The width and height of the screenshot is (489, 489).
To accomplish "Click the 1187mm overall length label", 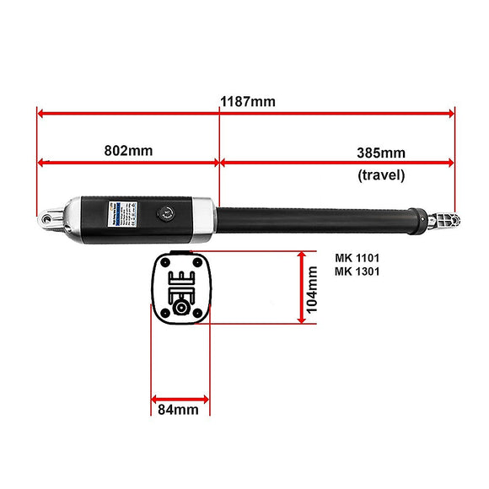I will coord(248,102).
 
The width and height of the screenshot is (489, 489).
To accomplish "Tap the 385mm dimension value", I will coord(381,153).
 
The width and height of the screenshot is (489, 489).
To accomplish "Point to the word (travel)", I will coord(381,175).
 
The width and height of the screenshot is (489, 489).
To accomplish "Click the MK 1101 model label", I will coord(357,257).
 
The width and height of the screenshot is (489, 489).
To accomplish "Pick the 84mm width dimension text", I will coord(179,410).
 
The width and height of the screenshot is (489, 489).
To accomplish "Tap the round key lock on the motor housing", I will coord(165,212).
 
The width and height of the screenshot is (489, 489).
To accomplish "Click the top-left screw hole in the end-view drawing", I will coord(164,261).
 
